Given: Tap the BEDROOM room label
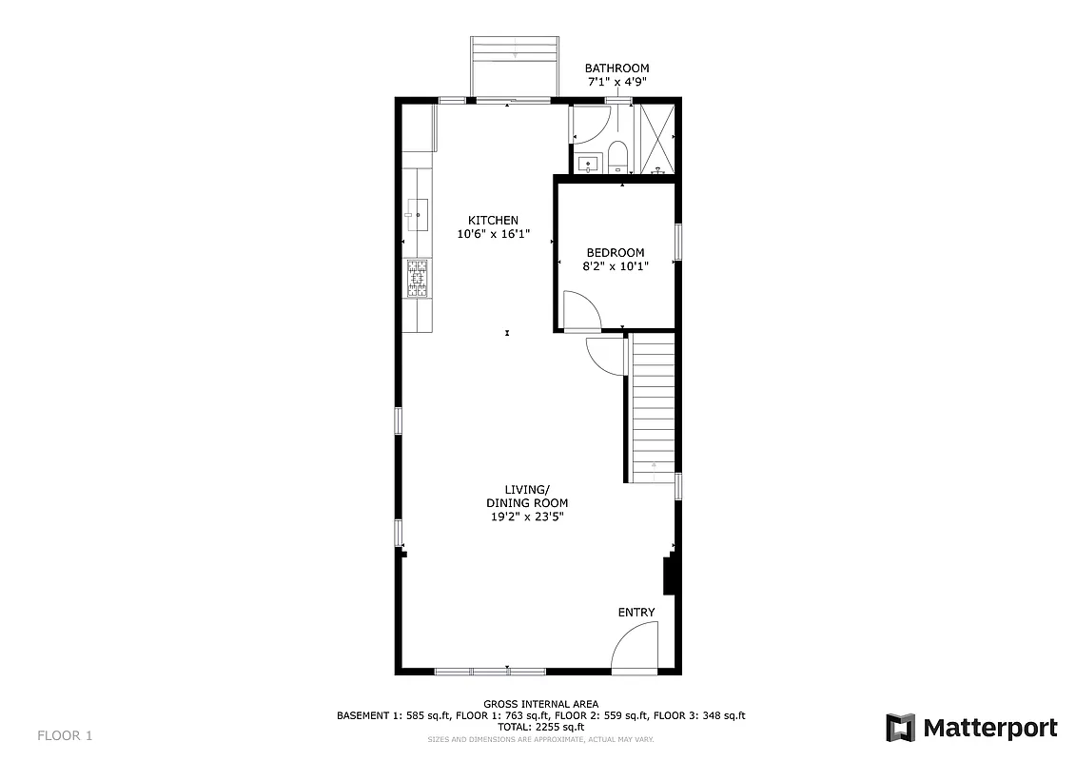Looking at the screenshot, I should pyautogui.click(x=615, y=253).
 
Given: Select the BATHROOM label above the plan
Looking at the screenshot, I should pyautogui.click(x=616, y=68).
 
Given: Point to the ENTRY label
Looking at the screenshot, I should pyautogui.click(x=636, y=613).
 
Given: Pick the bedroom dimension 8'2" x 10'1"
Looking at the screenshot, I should pyautogui.click(x=615, y=266).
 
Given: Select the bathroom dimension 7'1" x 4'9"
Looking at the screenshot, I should pyautogui.click(x=616, y=83).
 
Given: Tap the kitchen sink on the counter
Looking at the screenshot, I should pyautogui.click(x=417, y=209).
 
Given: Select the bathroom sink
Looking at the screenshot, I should pyautogui.click(x=589, y=164).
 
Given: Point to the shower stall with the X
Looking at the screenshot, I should pyautogui.click(x=656, y=138).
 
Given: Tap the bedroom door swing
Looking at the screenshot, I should pyautogui.click(x=579, y=311).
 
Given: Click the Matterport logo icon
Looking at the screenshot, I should pyautogui.click(x=900, y=728).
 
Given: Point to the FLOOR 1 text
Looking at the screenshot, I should pyautogui.click(x=65, y=735).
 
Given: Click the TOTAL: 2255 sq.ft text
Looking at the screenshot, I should pyautogui.click(x=540, y=727).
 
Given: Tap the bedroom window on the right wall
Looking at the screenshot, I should pyautogui.click(x=678, y=242).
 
